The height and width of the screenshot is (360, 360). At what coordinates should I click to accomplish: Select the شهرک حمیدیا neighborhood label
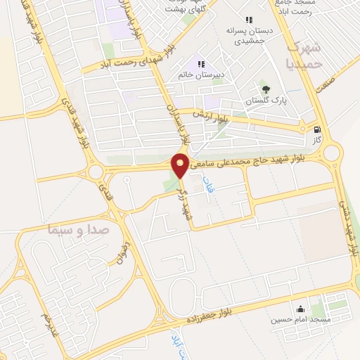(307, 54)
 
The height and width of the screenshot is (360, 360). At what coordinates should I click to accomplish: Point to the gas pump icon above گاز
(318, 129)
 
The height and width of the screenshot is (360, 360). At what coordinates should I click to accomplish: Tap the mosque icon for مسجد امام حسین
(301, 309)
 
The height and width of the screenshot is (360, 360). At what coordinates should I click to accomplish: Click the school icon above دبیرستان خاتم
(201, 65)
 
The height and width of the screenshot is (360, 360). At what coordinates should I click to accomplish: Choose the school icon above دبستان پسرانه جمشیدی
(247, 20)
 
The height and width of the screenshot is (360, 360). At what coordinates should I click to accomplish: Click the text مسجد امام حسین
(301, 320)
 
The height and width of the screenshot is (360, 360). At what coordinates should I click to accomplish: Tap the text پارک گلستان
(267, 102)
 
